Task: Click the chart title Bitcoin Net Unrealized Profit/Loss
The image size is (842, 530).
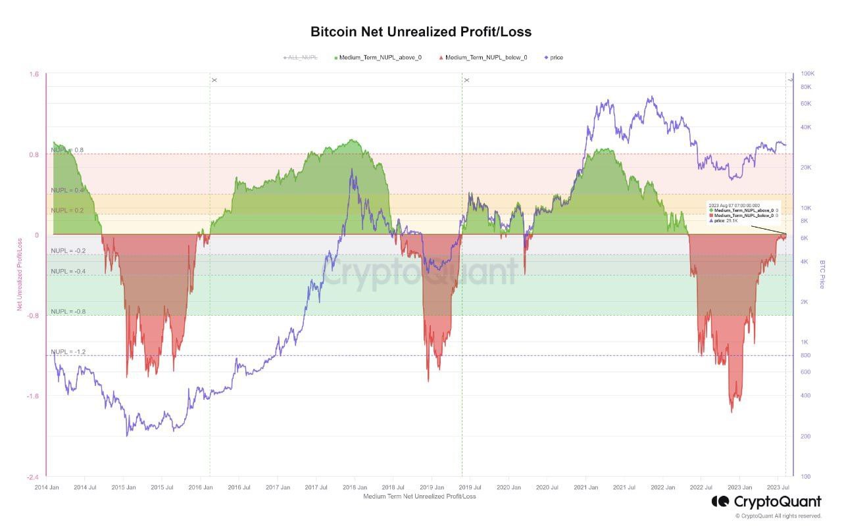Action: point(421,32)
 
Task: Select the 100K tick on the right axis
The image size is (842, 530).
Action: point(808,74)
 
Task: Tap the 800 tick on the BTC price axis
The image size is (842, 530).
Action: point(805,356)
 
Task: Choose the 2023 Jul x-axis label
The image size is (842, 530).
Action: point(778,487)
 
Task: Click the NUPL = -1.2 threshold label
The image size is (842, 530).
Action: point(68,352)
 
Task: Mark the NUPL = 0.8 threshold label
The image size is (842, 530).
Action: point(68,150)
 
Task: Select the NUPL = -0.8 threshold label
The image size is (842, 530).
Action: point(68,311)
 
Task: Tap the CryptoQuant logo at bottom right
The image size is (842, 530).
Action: point(766,502)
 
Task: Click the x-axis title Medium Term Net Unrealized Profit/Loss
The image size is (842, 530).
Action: point(419,496)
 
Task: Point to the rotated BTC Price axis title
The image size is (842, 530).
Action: point(822,274)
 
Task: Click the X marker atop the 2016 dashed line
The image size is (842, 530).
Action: point(214,80)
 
